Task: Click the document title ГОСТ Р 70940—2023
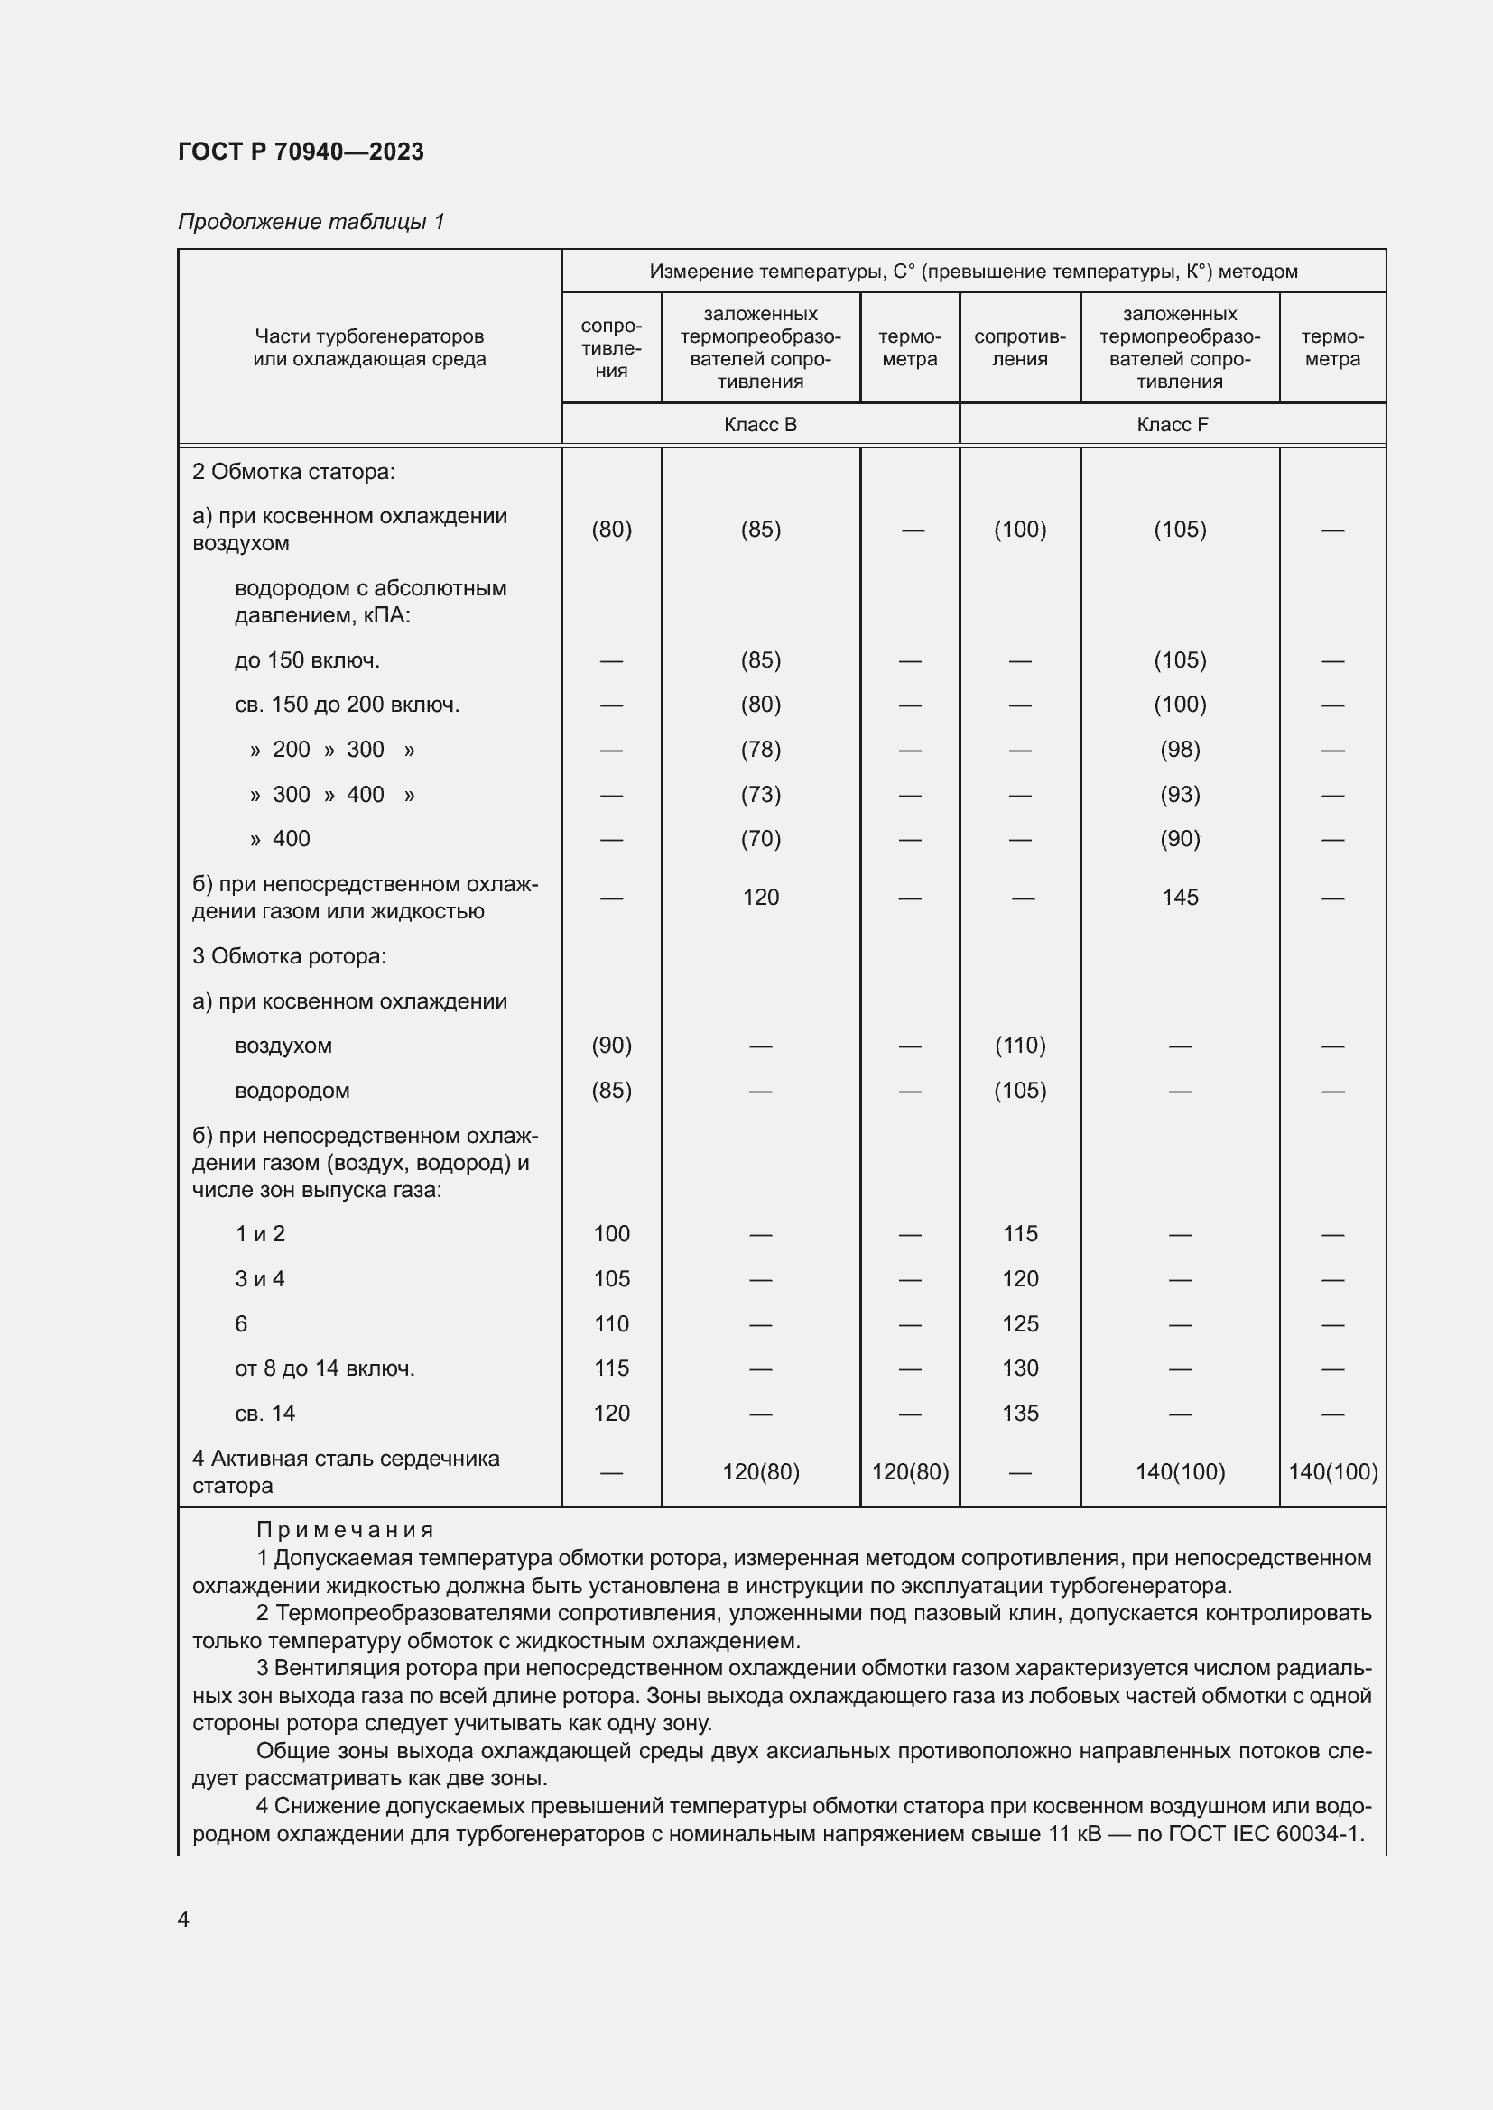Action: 301,152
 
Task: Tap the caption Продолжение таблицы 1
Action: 311,222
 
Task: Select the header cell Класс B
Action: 759,425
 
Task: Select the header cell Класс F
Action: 1172,425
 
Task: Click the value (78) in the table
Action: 760,750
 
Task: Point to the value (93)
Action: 1180,795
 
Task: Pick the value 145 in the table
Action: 1180,898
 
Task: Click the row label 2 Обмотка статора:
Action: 293,473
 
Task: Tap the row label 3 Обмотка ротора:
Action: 289,956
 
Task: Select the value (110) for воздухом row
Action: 1019,1046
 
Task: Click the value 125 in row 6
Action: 1019,1324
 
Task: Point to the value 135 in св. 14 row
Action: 1019,1414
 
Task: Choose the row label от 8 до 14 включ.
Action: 325,1368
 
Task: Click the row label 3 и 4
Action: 259,1279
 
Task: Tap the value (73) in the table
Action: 760,795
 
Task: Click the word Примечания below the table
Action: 344,1530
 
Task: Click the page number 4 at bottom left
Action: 183,1919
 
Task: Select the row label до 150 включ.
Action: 307,660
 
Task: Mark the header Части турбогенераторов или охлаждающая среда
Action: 369,347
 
